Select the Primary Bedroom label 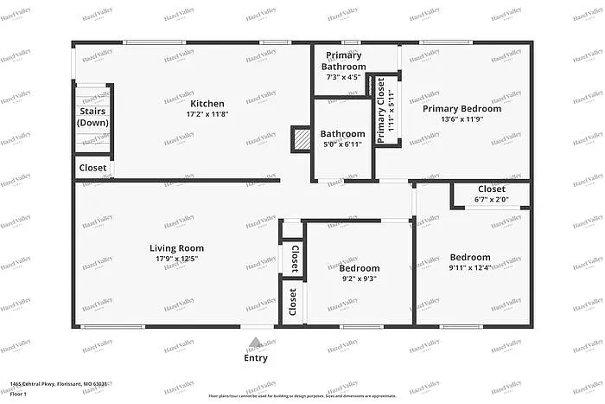click(462, 108)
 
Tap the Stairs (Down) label click(92, 117)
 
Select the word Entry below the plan click(256, 357)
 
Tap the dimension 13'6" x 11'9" click(462, 119)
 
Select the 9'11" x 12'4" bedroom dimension click(470, 267)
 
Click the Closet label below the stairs click(92, 168)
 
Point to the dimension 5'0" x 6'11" click(343, 144)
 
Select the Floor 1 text click(18, 394)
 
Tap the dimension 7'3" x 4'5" click(343, 77)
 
